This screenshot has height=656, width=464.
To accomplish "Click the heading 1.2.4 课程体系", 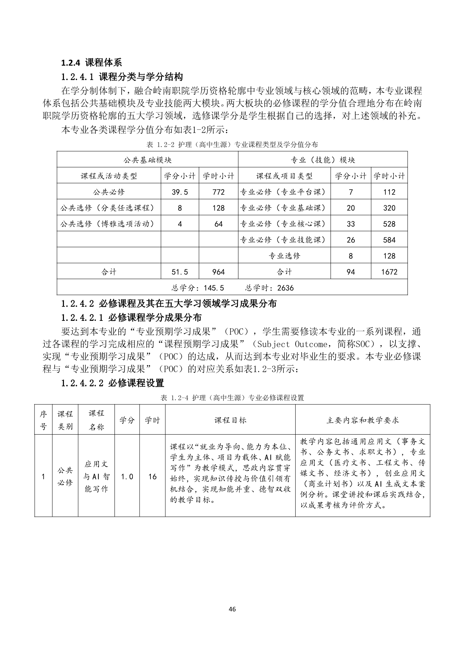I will coord(92,62).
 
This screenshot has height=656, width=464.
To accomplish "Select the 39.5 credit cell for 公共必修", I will coord(180,192).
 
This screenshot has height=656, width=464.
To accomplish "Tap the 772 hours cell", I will coord(219,192).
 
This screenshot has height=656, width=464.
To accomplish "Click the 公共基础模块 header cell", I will coord(147,160).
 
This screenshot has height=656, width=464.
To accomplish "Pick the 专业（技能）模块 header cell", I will coord(323,160).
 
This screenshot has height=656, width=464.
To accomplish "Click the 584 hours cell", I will coord(389,240).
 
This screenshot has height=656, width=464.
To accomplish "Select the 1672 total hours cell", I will coord(389,272).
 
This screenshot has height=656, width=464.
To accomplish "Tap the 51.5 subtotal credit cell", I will coord(180,272).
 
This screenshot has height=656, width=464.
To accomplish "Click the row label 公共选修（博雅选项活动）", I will coord(107,224).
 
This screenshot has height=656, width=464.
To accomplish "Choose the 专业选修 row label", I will coord(284,256).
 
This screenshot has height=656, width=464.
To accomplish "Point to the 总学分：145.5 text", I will coord(198,288).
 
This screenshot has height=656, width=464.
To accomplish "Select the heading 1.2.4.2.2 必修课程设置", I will coord(113,383).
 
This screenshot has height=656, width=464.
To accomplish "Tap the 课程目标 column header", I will coord(230,420).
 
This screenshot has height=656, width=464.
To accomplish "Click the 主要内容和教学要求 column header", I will coord(363,420).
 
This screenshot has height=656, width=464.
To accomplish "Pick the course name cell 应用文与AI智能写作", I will coord(96,476).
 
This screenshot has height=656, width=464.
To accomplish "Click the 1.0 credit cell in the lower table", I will coord(127,476).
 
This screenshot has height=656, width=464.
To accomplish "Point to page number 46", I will coord(232,609).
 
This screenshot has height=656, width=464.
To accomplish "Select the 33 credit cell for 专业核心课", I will coord(351,224).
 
